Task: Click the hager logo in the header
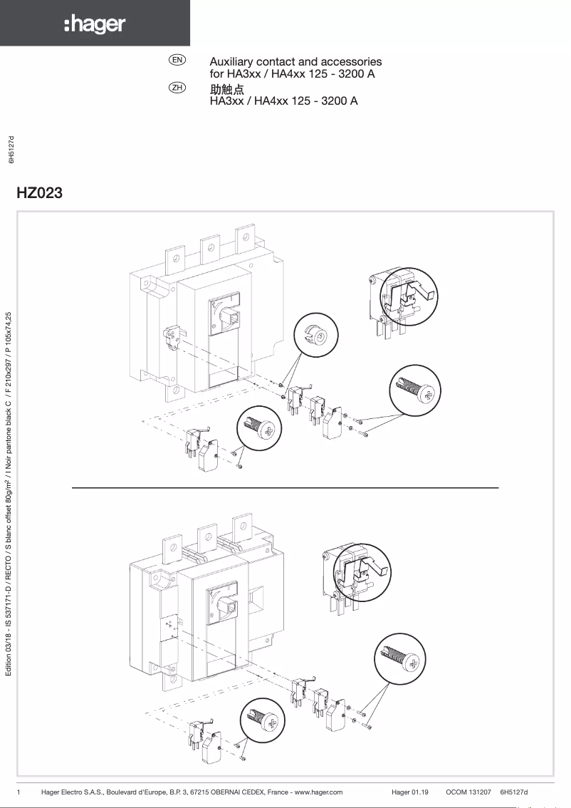click(95, 26)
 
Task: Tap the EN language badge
click(177, 61)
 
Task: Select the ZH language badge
click(177, 88)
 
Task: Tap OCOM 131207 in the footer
click(469, 792)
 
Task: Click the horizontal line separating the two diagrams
click(285, 487)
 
